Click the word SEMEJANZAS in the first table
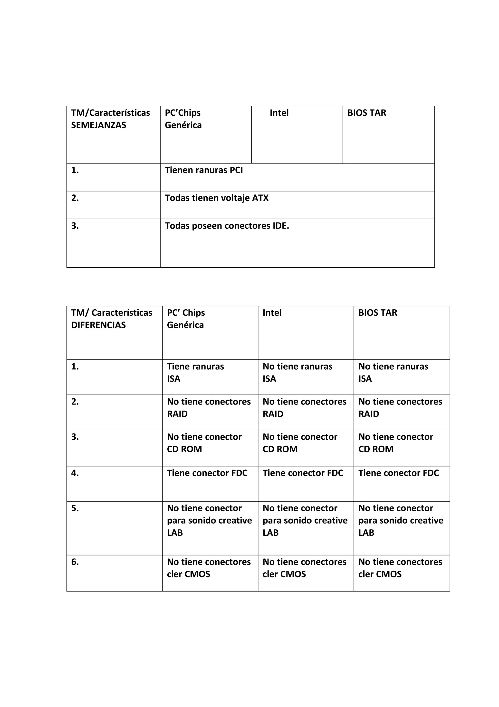(98, 125)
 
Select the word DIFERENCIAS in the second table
(98, 325)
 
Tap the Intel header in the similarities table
(279, 113)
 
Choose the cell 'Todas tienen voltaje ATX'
(216, 198)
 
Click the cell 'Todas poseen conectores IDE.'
(227, 226)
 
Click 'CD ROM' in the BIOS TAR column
(376, 449)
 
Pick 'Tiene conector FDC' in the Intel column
(303, 473)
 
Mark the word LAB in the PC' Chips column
(175, 533)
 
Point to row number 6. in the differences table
(75, 562)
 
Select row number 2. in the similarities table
(75, 198)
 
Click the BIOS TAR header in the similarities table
(366, 113)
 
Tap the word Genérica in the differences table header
(185, 325)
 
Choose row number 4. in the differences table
(75, 473)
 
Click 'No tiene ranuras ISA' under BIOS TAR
(393, 373)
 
